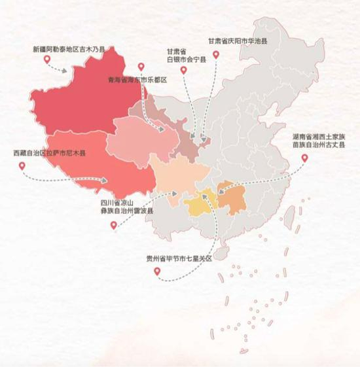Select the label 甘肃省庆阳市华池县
coord(238,41)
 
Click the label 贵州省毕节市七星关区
coord(180,258)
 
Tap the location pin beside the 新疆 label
coord(47,60)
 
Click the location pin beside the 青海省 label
coord(141,66)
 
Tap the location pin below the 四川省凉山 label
coord(114,225)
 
